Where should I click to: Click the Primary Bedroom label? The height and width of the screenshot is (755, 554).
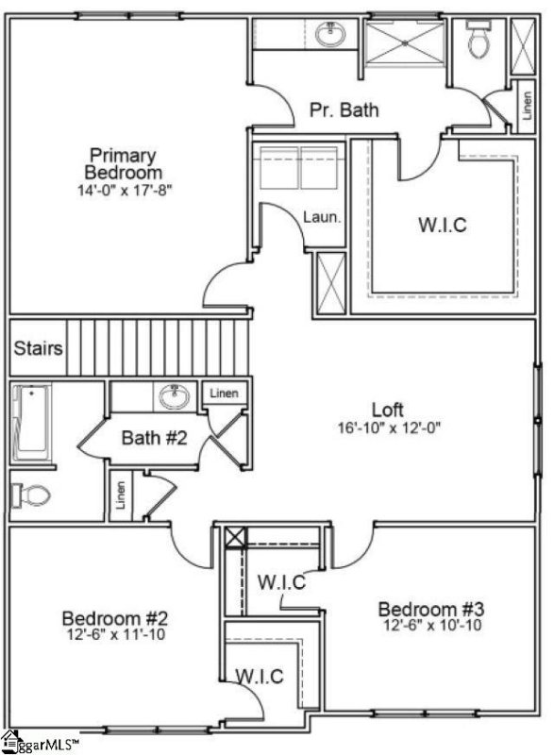[x=123, y=163]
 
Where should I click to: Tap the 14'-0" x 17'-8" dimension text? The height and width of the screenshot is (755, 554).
[x=125, y=190]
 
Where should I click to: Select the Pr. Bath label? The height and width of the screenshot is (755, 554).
[x=344, y=110]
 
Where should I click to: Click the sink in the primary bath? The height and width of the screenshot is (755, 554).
[x=329, y=36]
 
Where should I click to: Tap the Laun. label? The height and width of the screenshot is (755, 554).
[x=321, y=217]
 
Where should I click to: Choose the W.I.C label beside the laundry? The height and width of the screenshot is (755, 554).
[x=442, y=226]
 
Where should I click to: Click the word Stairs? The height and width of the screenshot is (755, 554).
[x=39, y=348]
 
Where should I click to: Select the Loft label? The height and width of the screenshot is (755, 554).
[x=388, y=410]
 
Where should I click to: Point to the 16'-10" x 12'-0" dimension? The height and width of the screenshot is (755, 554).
[x=388, y=427]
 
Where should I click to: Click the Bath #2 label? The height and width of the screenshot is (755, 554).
[x=154, y=438]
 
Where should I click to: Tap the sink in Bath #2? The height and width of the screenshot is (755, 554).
[x=175, y=396]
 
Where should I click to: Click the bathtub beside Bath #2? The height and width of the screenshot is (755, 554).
[x=30, y=419]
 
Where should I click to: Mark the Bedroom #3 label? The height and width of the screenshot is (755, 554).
[x=431, y=609]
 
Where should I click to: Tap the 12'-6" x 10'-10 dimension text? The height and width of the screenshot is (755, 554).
[x=431, y=626]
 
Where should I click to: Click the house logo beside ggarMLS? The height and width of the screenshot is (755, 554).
[x=9, y=739]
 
